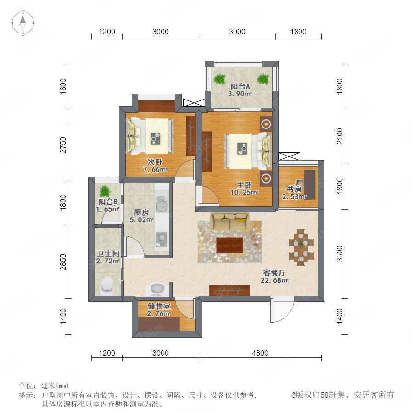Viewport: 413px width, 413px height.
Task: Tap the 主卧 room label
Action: [x=245, y=185]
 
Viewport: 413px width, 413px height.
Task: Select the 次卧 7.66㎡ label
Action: [x=155, y=166]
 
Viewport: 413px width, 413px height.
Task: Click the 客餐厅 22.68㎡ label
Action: [x=274, y=276]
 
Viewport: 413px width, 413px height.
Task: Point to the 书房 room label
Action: [x=294, y=189]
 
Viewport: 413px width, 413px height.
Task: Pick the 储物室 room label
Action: [x=159, y=306]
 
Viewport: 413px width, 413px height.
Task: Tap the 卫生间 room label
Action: [x=108, y=253]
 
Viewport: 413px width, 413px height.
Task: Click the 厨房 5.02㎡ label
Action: [x=141, y=216]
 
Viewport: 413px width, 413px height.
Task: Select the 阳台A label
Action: [x=240, y=86]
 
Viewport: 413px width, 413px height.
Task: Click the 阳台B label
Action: [x=108, y=202]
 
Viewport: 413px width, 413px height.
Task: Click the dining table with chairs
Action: [x=301, y=247]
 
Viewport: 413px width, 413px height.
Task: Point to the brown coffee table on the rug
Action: [x=229, y=245]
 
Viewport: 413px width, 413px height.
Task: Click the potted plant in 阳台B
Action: [x=105, y=191]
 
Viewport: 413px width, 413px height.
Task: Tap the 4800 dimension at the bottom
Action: [x=260, y=353]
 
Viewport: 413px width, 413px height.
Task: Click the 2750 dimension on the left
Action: [x=63, y=145]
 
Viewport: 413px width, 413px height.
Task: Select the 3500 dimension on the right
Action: [x=340, y=254]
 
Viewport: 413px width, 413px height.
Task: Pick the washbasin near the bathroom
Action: [x=157, y=289]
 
